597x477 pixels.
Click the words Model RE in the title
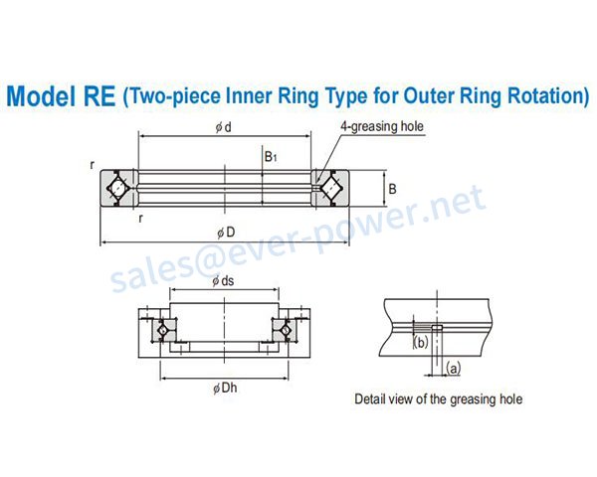tap(60, 96)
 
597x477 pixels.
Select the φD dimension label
tap(226, 232)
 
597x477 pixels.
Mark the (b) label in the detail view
tap(420, 344)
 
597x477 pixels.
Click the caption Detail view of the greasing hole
tap(439, 399)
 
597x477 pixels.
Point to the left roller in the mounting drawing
tap(162, 328)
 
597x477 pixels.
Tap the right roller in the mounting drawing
tap(286, 328)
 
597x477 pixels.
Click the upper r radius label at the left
tap(91, 165)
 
